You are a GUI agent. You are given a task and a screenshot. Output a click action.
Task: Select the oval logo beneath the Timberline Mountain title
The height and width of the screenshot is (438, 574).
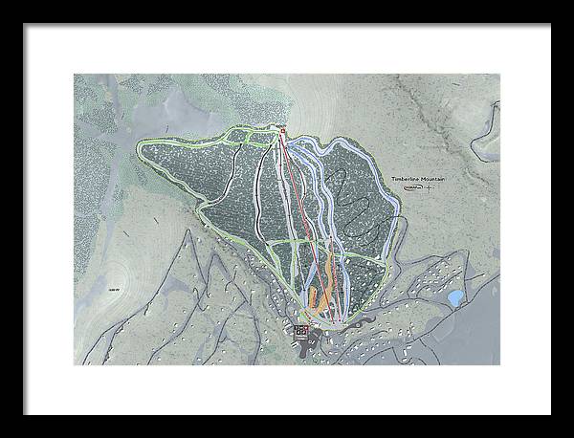point(412,188)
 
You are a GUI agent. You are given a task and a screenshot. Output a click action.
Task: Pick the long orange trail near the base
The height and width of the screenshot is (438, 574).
point(324,287)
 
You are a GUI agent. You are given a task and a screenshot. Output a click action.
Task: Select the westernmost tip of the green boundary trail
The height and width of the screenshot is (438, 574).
point(140,146)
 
